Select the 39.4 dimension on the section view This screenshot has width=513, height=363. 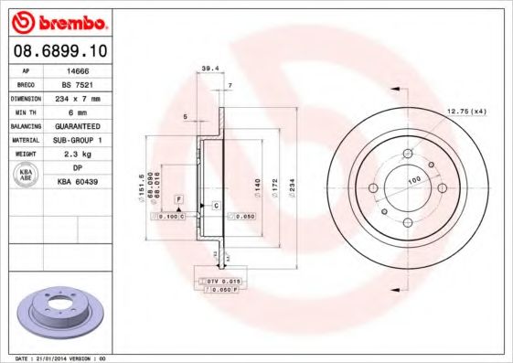point(209,67)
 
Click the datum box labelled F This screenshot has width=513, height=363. point(178,198)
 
